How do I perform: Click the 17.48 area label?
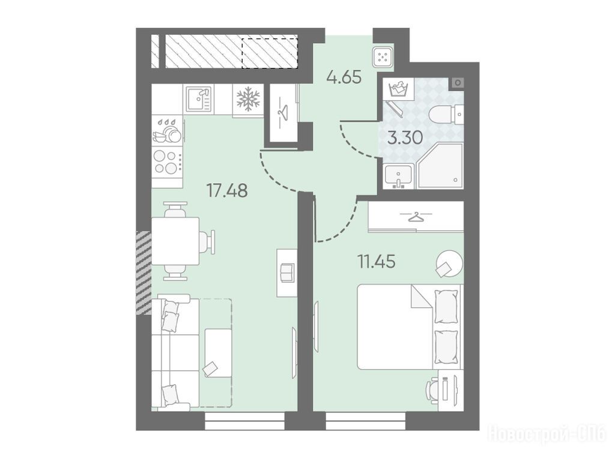coord(227,191)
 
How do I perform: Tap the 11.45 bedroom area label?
coord(376,262)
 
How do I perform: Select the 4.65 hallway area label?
coord(344,77)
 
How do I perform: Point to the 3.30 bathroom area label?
coord(405,138)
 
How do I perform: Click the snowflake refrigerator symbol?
coord(248,99)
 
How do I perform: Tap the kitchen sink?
coord(198,98)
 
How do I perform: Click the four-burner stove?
coord(168,162)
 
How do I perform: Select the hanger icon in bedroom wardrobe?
coord(416,216)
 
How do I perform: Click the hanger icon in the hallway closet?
coord(282,112)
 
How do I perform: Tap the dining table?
coord(175,241)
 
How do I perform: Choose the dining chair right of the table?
coord(207,241)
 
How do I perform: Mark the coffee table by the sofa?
coord(218,353)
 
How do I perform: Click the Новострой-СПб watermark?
coord(547,435)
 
